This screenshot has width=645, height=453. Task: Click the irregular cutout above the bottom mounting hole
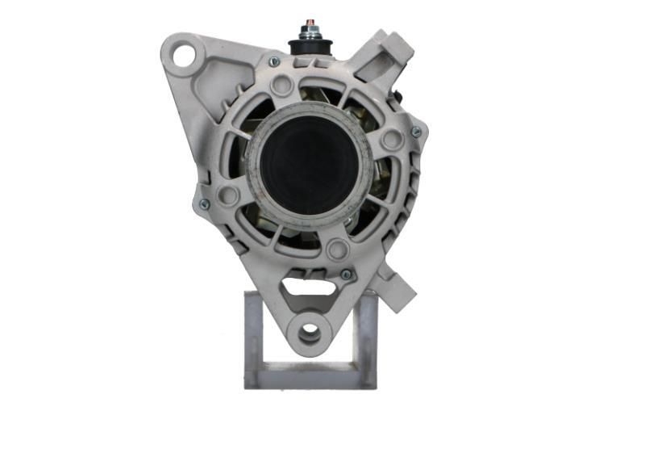[308, 286]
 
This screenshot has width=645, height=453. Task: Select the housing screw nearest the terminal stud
[274, 61]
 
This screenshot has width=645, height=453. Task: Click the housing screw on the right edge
[416, 132]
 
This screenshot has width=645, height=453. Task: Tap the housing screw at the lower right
[346, 275]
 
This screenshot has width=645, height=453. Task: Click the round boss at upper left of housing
[281, 84]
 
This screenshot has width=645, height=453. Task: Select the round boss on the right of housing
[392, 140]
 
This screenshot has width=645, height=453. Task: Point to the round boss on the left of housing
[229, 195]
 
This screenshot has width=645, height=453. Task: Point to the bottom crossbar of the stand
[310, 375]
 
